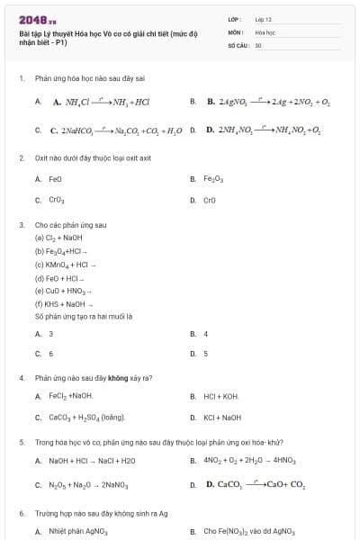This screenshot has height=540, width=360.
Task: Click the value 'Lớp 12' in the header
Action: [x=263, y=19]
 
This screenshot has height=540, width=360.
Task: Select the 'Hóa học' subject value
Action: [x=264, y=31]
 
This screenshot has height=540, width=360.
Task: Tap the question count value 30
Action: [x=258, y=44]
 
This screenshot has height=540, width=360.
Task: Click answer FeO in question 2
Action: [x=55, y=179]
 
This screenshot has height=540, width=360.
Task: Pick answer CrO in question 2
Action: [x=211, y=200]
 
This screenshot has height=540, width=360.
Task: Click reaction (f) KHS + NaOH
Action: [x=63, y=303]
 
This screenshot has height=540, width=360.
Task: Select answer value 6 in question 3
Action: [x=50, y=354]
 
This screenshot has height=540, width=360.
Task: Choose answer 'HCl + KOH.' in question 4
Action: [x=221, y=396]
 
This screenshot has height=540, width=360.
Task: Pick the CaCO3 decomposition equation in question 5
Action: [x=256, y=485]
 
